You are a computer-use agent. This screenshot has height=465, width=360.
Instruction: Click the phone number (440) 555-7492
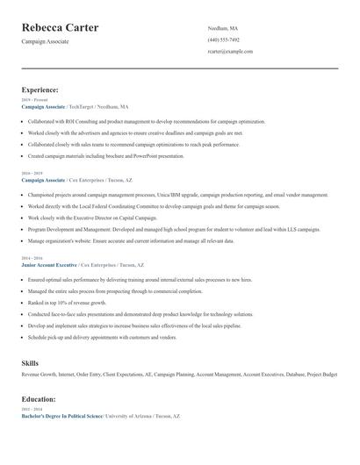coord(223,39)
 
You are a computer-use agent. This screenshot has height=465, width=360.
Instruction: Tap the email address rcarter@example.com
coord(230,52)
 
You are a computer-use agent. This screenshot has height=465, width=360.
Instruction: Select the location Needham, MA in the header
coord(222,28)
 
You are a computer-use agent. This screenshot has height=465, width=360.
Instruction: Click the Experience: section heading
coord(40,89)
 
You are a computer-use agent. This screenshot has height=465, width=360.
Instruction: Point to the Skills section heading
coord(31,362)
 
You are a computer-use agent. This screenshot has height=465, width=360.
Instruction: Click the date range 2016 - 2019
coord(32,174)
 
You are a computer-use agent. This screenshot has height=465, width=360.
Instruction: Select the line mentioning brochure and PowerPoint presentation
coord(105,155)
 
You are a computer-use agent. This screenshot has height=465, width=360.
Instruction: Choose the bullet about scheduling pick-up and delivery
coord(103,336)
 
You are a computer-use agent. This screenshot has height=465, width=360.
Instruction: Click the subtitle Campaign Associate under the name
coord(46,42)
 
